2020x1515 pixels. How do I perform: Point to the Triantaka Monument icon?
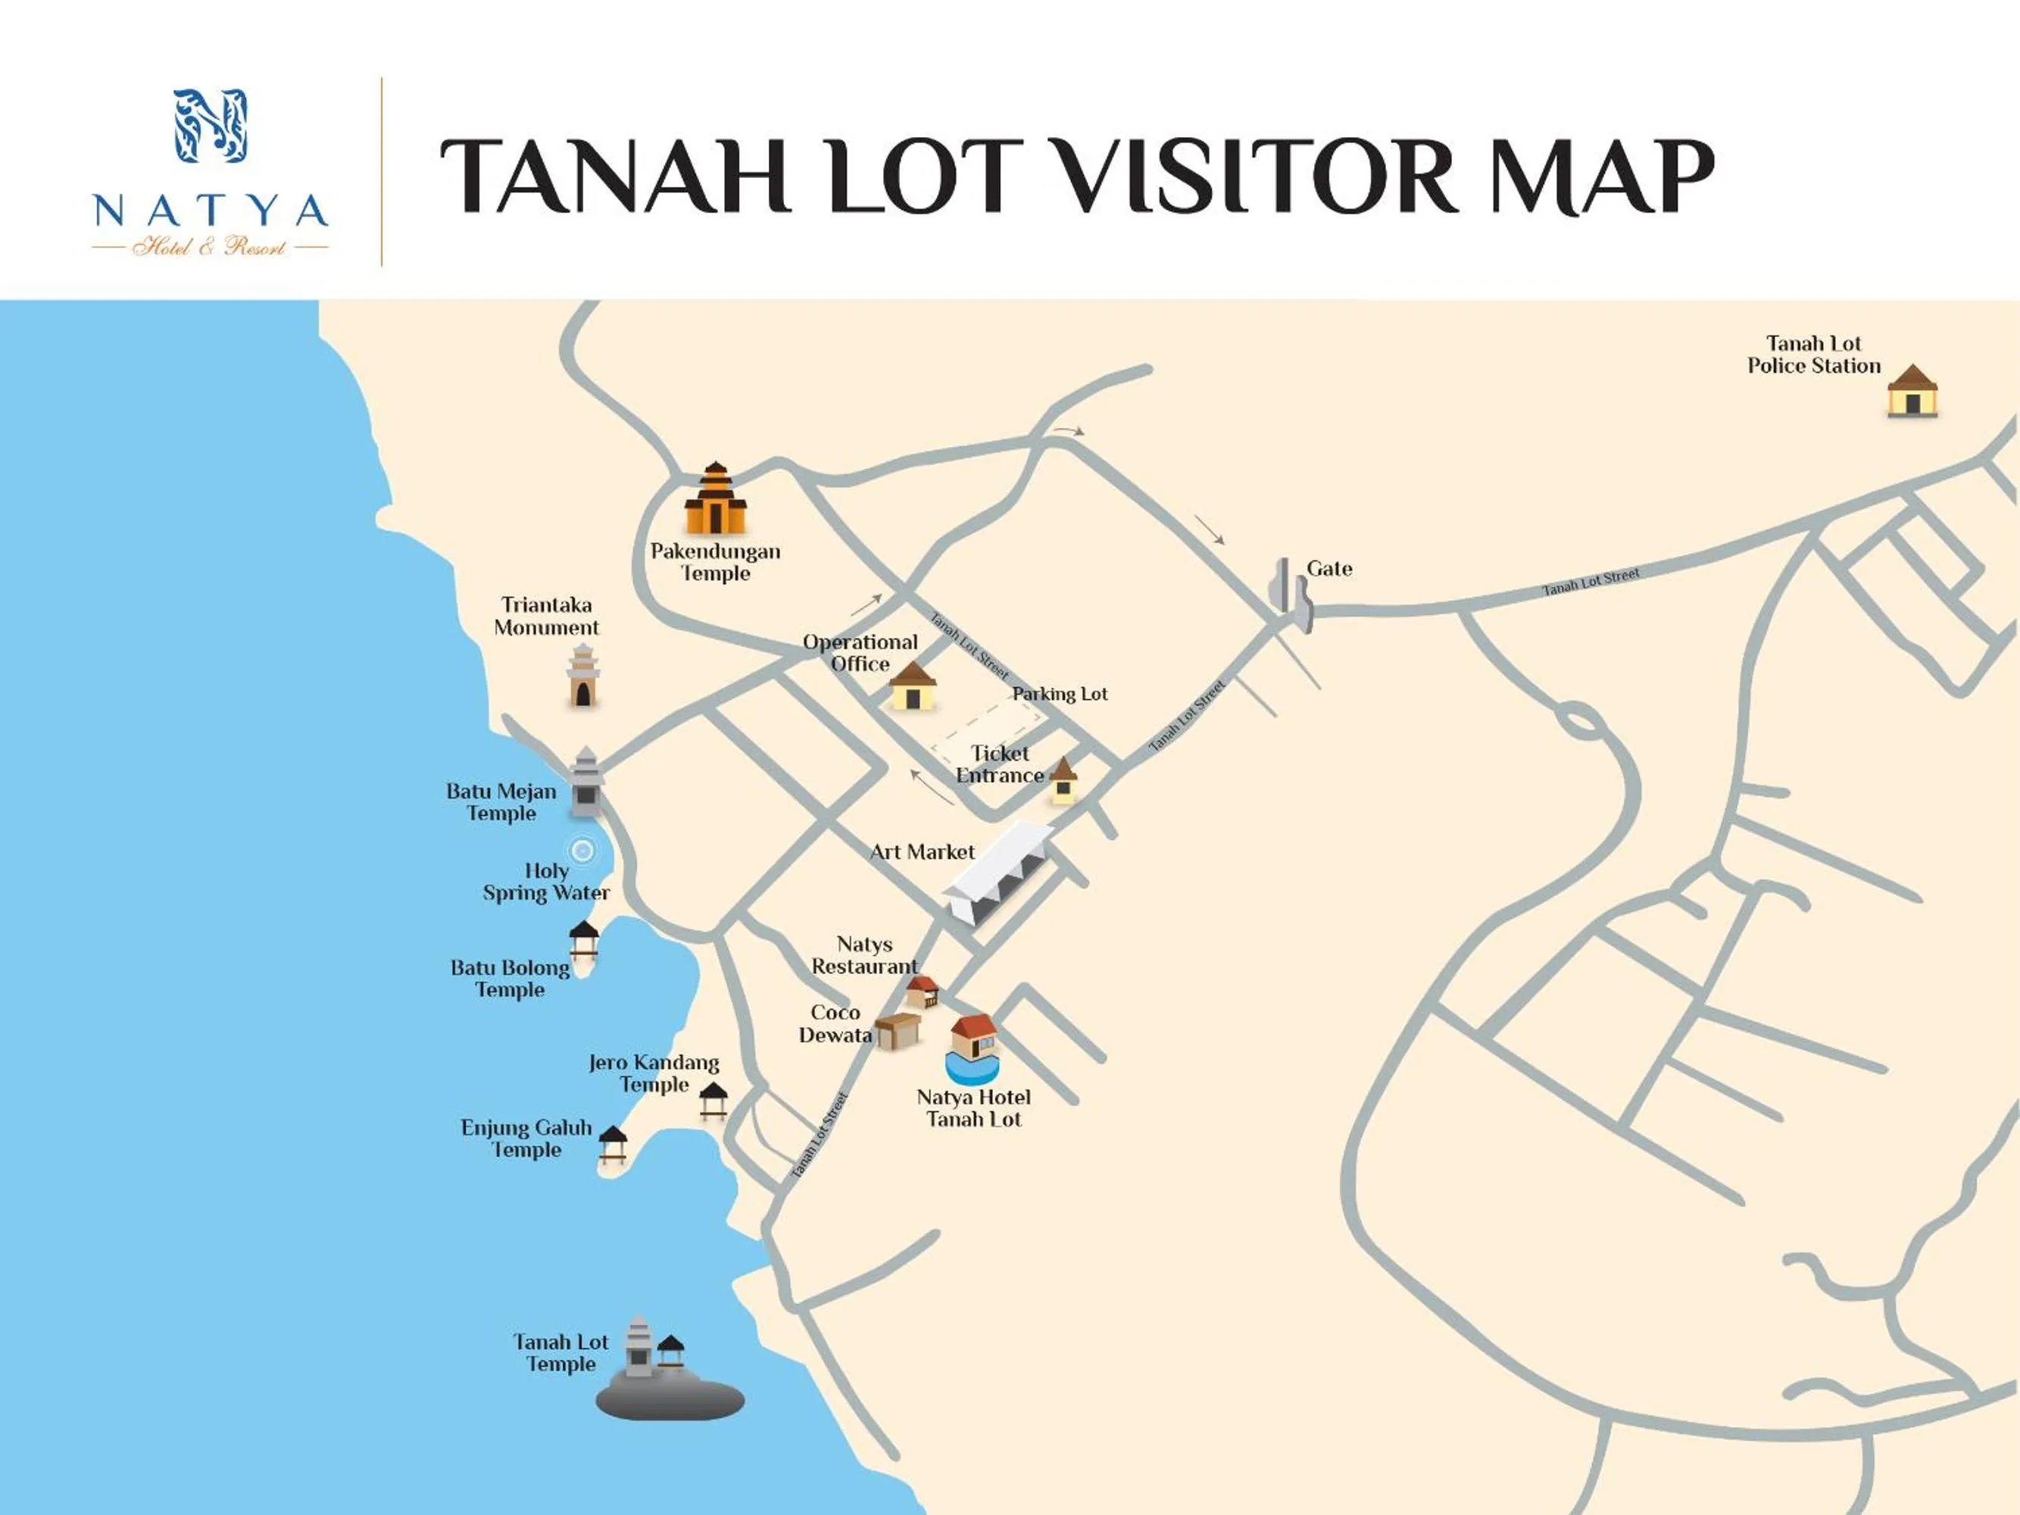(582, 676)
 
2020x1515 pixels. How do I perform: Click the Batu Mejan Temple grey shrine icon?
(586, 782)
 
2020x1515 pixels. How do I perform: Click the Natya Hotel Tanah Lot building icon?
(973, 1049)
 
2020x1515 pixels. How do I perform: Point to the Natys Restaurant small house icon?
(923, 992)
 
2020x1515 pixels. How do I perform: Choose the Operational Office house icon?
(912, 688)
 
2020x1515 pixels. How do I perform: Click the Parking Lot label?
(1060, 694)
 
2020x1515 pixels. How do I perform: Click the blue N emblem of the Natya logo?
(211, 125)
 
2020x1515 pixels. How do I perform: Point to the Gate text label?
(1328, 569)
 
